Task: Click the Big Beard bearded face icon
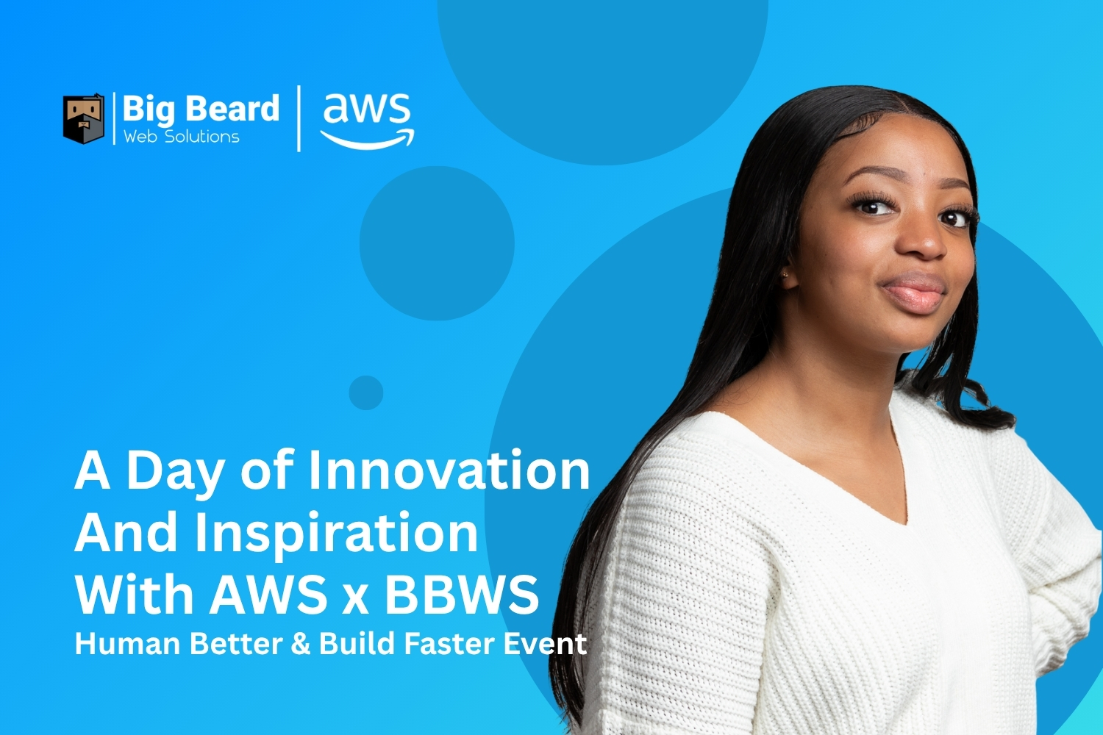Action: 83,118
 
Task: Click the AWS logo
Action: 367,119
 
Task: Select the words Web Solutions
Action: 181,137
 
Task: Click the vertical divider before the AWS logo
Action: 299,118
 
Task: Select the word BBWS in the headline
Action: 461,594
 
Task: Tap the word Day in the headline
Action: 175,472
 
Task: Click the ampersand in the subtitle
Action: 301,644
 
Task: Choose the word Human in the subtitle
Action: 127,644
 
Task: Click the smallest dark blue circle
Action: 365,392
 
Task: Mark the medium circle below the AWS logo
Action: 437,243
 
